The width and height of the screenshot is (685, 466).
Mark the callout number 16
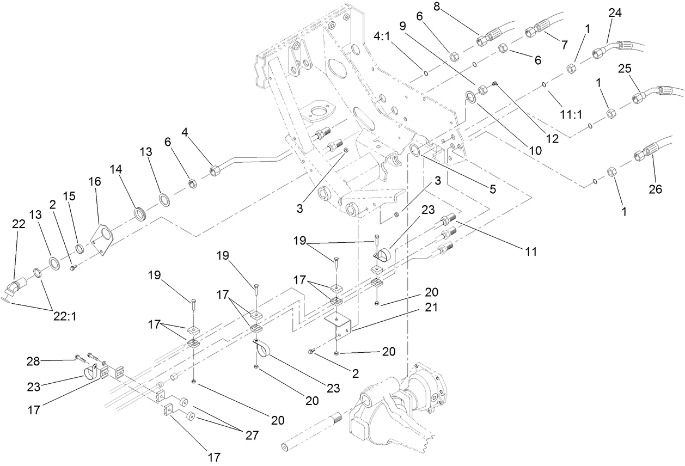[95, 181]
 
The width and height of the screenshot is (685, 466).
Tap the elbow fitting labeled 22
[21, 286]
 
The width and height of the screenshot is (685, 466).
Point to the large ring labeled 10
[469, 97]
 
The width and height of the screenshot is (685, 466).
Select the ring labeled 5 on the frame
[417, 150]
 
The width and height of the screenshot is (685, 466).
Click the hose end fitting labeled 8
[486, 39]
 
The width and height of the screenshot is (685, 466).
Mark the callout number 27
[251, 435]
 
